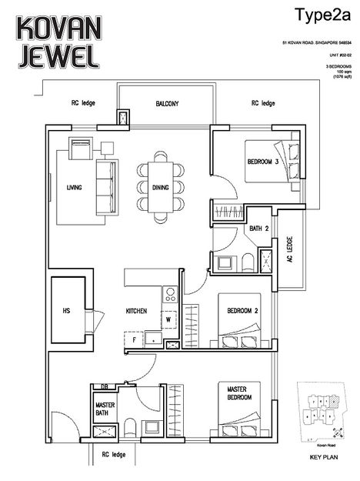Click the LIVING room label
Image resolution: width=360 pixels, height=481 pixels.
75,187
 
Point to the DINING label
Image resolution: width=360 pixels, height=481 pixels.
160,187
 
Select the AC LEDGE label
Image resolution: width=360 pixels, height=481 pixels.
289,249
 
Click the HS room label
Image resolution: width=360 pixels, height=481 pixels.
66,312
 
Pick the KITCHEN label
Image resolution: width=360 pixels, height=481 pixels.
137,312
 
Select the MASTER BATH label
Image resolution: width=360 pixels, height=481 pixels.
105,408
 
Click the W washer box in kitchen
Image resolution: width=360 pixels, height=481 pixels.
168,318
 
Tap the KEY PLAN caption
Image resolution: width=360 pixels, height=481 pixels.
319,457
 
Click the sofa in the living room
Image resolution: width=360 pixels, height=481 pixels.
105,188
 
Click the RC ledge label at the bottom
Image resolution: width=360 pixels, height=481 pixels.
108,454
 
